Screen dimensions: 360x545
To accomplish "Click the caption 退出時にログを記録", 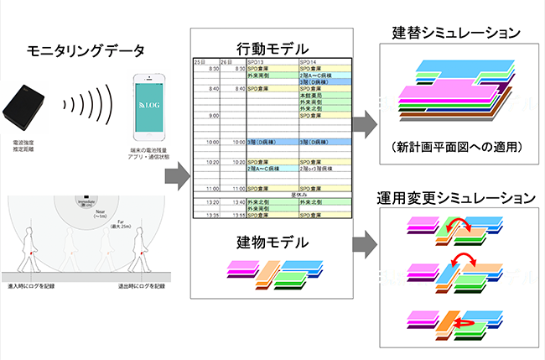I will click(x=143, y=287).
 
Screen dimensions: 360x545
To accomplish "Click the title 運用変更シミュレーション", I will click(x=453, y=199).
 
